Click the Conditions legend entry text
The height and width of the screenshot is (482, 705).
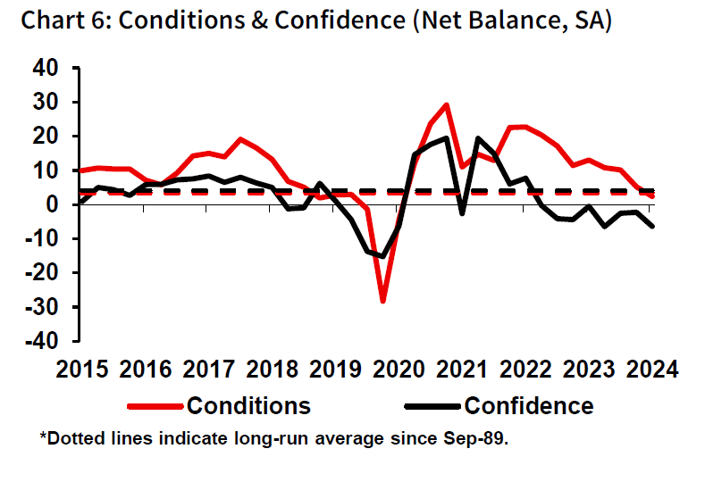coord(248,406)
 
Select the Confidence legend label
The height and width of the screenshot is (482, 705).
coord(528,406)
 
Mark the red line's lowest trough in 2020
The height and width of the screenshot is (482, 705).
coord(383,302)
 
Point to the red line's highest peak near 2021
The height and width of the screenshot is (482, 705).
coord(446,104)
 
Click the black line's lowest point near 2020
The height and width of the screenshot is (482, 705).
coord(383,256)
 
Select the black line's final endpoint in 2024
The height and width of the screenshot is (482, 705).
coord(652,226)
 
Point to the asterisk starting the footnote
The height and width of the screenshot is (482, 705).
coord(42,436)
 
